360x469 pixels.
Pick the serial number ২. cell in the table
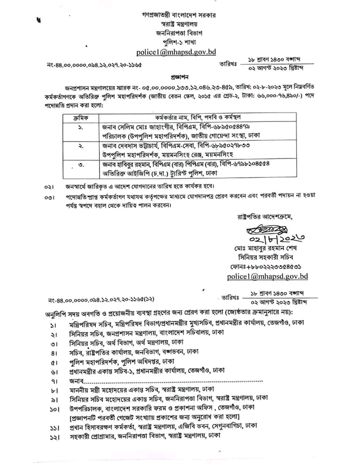point(81,147)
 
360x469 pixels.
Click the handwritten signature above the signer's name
point(269,229)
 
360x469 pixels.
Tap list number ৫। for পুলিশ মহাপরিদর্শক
point(54,361)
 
